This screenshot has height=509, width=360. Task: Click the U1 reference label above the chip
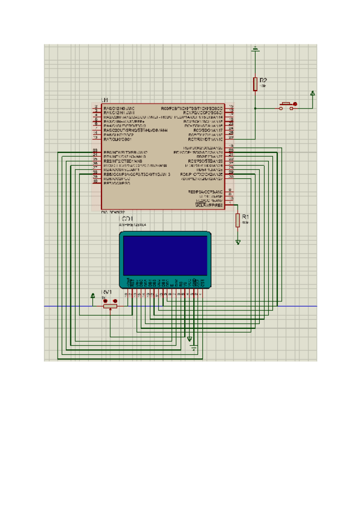[x=105, y=100]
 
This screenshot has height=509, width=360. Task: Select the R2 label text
[x=263, y=80]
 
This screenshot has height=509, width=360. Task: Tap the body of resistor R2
[x=256, y=84]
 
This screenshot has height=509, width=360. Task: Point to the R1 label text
[x=245, y=215]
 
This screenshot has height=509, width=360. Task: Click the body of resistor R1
[x=238, y=220]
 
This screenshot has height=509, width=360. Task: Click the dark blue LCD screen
[x=166, y=254]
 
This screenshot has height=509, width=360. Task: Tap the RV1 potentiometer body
[x=110, y=306]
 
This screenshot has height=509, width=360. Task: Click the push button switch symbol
[x=287, y=106]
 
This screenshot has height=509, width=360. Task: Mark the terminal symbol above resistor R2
[x=256, y=49]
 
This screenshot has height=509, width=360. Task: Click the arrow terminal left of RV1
[x=92, y=295]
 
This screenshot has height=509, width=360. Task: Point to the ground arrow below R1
[x=238, y=242]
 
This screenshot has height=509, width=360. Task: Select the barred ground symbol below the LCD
[x=193, y=346]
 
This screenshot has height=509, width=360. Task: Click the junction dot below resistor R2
[x=256, y=108]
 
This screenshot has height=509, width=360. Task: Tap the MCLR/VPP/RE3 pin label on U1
[x=209, y=205]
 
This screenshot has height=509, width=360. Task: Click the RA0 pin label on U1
[x=119, y=107]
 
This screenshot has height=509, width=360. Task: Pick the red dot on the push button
[x=294, y=104]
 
